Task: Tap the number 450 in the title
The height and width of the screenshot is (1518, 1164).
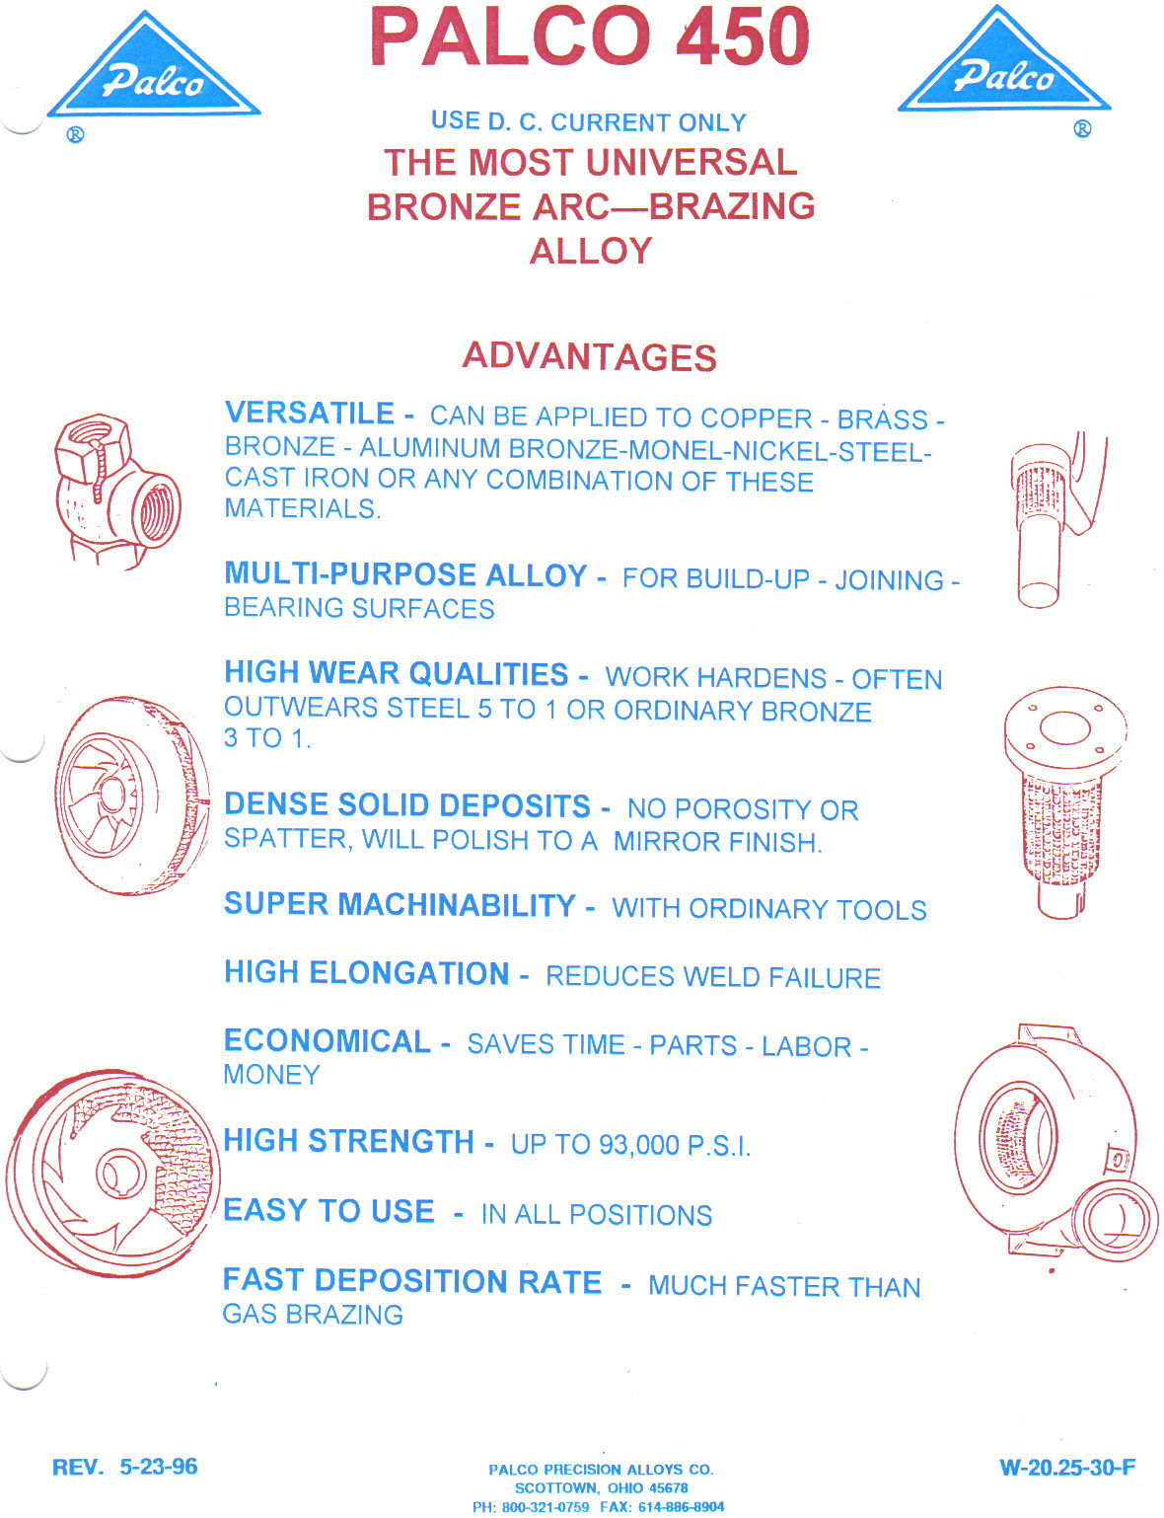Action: (743, 37)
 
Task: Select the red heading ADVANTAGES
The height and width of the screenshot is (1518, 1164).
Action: (589, 356)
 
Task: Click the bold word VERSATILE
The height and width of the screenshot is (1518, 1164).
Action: (310, 414)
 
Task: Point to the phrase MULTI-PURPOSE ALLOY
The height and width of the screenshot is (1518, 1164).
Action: (405, 574)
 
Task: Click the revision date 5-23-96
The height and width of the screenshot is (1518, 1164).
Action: (159, 1467)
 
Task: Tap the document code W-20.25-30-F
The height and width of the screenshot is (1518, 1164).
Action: (1067, 1468)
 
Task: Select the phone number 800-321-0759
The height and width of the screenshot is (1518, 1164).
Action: (546, 1507)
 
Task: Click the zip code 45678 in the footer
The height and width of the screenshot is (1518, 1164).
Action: (668, 1488)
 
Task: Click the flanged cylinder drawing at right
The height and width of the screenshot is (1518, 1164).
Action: (1063, 799)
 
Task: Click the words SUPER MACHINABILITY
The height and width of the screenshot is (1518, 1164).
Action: (400, 905)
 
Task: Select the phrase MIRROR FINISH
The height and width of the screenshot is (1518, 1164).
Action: (716, 842)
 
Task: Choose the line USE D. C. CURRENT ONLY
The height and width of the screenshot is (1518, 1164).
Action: (588, 122)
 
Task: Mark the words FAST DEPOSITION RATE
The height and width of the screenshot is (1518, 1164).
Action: (412, 1281)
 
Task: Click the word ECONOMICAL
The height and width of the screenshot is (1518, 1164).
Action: (327, 1041)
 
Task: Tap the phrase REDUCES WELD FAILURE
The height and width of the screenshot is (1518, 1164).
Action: (712, 977)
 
